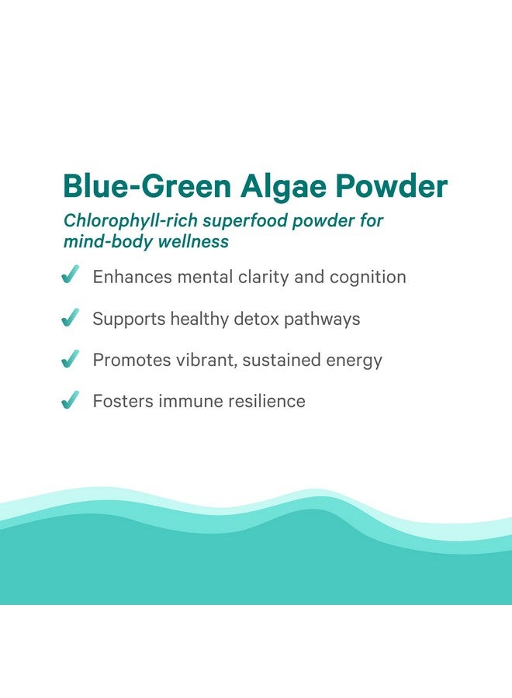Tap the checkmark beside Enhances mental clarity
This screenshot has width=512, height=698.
pos(71,275)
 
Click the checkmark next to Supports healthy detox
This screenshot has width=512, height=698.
pos(71,317)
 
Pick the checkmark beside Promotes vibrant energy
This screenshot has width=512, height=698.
pos(71,359)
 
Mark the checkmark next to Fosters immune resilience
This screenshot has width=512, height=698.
pos(71,399)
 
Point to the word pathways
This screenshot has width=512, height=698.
pos(322,320)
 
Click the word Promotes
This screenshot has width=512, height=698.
pos(132,360)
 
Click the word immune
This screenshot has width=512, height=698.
pos(191,401)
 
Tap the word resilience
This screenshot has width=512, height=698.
pos(267,401)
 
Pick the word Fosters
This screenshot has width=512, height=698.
pos(123,401)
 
